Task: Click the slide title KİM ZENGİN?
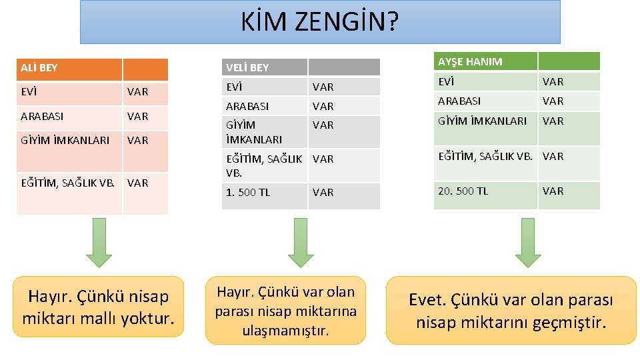point(320,23)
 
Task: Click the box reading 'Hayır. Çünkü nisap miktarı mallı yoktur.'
point(98,307)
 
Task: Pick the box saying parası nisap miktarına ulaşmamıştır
point(285,311)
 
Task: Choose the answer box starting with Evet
point(511,311)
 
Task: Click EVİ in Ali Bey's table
point(29,91)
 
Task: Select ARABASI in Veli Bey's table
point(247,106)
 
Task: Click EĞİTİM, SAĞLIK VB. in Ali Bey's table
point(69,182)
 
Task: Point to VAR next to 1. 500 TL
point(323,192)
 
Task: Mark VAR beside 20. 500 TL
point(553,191)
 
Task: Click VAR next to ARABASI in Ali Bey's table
point(137,116)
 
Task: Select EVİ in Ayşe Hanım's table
point(445,81)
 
